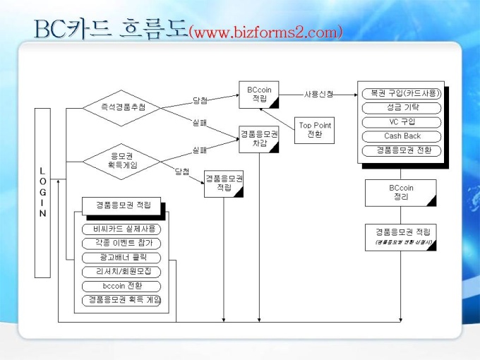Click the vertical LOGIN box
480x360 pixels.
[42, 192]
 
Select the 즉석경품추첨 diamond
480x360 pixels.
[119, 107]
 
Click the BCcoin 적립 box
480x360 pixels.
[259, 95]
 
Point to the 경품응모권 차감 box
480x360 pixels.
[259, 138]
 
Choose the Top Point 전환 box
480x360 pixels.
[315, 130]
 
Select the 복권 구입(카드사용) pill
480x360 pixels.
[402, 93]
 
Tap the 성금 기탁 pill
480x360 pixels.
[402, 108]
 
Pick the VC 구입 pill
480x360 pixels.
[402, 122]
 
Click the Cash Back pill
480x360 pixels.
[402, 136]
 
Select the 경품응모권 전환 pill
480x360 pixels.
[402, 150]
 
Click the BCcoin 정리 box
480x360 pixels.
[400, 193]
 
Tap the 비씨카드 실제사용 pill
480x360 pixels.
[122, 229]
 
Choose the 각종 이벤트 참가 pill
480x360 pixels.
[122, 243]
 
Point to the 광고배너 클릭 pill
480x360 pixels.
[122, 257]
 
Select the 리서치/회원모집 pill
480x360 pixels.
[122, 271]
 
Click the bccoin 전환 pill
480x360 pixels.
[122, 286]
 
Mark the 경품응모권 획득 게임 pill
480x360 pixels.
[122, 300]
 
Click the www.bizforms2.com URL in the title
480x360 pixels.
[266, 32]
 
